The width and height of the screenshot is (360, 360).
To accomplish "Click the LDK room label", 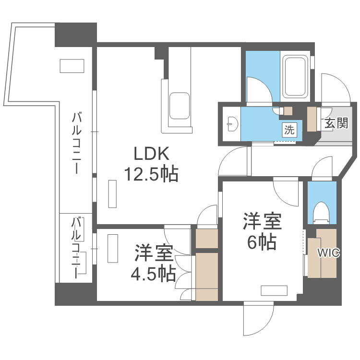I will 151,154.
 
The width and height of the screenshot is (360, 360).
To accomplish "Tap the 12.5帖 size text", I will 151,174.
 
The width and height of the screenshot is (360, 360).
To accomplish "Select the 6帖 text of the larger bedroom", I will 262,243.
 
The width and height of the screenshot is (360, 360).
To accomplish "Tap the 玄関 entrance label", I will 336,123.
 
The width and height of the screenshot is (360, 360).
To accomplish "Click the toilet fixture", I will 321,212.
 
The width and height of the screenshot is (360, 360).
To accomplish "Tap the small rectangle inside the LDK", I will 112,193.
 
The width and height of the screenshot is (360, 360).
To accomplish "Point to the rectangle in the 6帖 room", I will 274,290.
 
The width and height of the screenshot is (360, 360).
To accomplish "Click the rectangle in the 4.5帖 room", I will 113,248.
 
